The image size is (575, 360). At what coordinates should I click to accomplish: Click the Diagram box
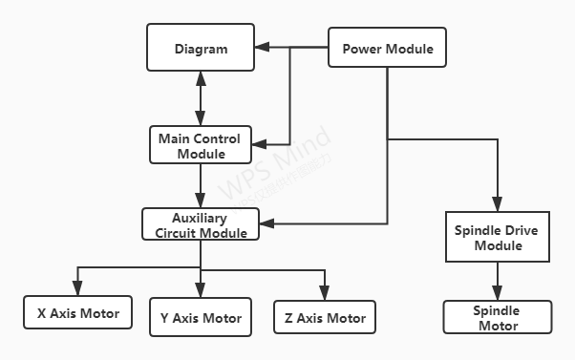point(201,48)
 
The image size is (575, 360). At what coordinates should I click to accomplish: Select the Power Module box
point(387,48)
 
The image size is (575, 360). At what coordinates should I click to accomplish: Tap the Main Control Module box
point(200,144)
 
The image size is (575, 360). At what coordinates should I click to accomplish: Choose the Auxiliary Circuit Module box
point(201,224)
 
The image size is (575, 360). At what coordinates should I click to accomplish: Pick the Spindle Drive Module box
point(498,238)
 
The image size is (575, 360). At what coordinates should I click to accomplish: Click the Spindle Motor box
point(497,318)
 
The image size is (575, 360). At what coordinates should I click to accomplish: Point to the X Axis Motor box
point(78,313)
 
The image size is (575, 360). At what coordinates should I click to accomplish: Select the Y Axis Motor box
point(200,317)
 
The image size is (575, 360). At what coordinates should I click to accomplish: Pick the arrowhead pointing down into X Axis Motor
point(78,289)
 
